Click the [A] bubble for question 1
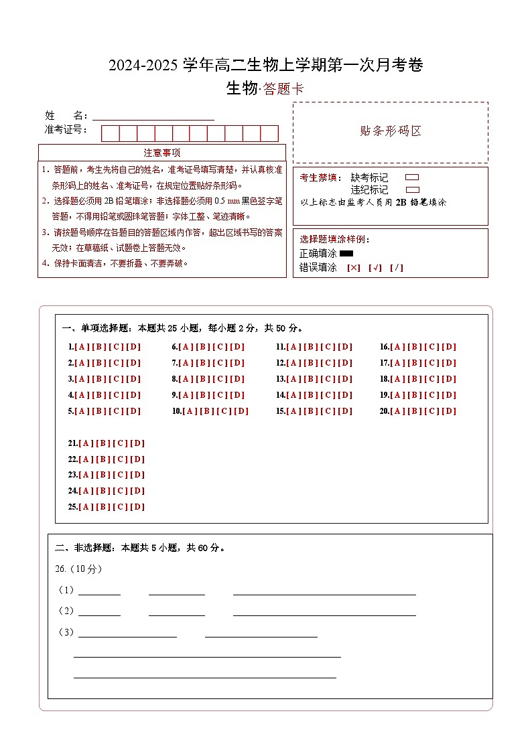pyautogui.click(x=82, y=347)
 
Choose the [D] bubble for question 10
pyautogui.click(x=241, y=411)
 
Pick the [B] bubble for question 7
pyautogui.click(x=203, y=363)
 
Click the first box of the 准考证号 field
pyautogui.click(x=110, y=133)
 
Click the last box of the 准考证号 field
pyautogui.click(x=269, y=133)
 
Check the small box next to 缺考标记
pyautogui.click(x=413, y=177)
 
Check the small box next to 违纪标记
pyautogui.click(x=413, y=190)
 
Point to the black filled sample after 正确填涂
pyautogui.click(x=346, y=254)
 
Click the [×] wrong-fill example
pyautogui.click(x=354, y=268)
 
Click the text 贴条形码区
pyautogui.click(x=391, y=131)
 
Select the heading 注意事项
pyautogui.click(x=162, y=153)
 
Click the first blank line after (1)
pyautogui.click(x=99, y=591)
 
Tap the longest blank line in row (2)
pyautogui.click(x=324, y=611)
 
